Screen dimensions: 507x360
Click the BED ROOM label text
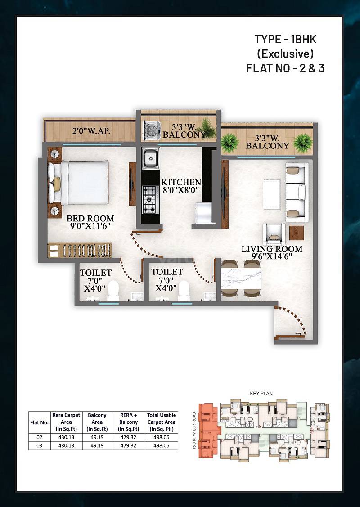pyautogui.click(x=90, y=219)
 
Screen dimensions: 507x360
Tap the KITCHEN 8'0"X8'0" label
pyautogui.click(x=181, y=185)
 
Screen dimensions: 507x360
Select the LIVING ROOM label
pyautogui.click(x=272, y=249)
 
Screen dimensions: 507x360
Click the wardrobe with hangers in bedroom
pyautogui.click(x=79, y=250)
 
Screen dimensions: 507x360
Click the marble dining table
pyautogui.click(x=241, y=279)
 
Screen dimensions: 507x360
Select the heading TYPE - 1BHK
pyautogui.click(x=285, y=39)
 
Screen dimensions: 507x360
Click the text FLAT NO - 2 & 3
pyautogui.click(x=285, y=68)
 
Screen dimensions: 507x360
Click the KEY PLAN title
pyautogui.click(x=261, y=393)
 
